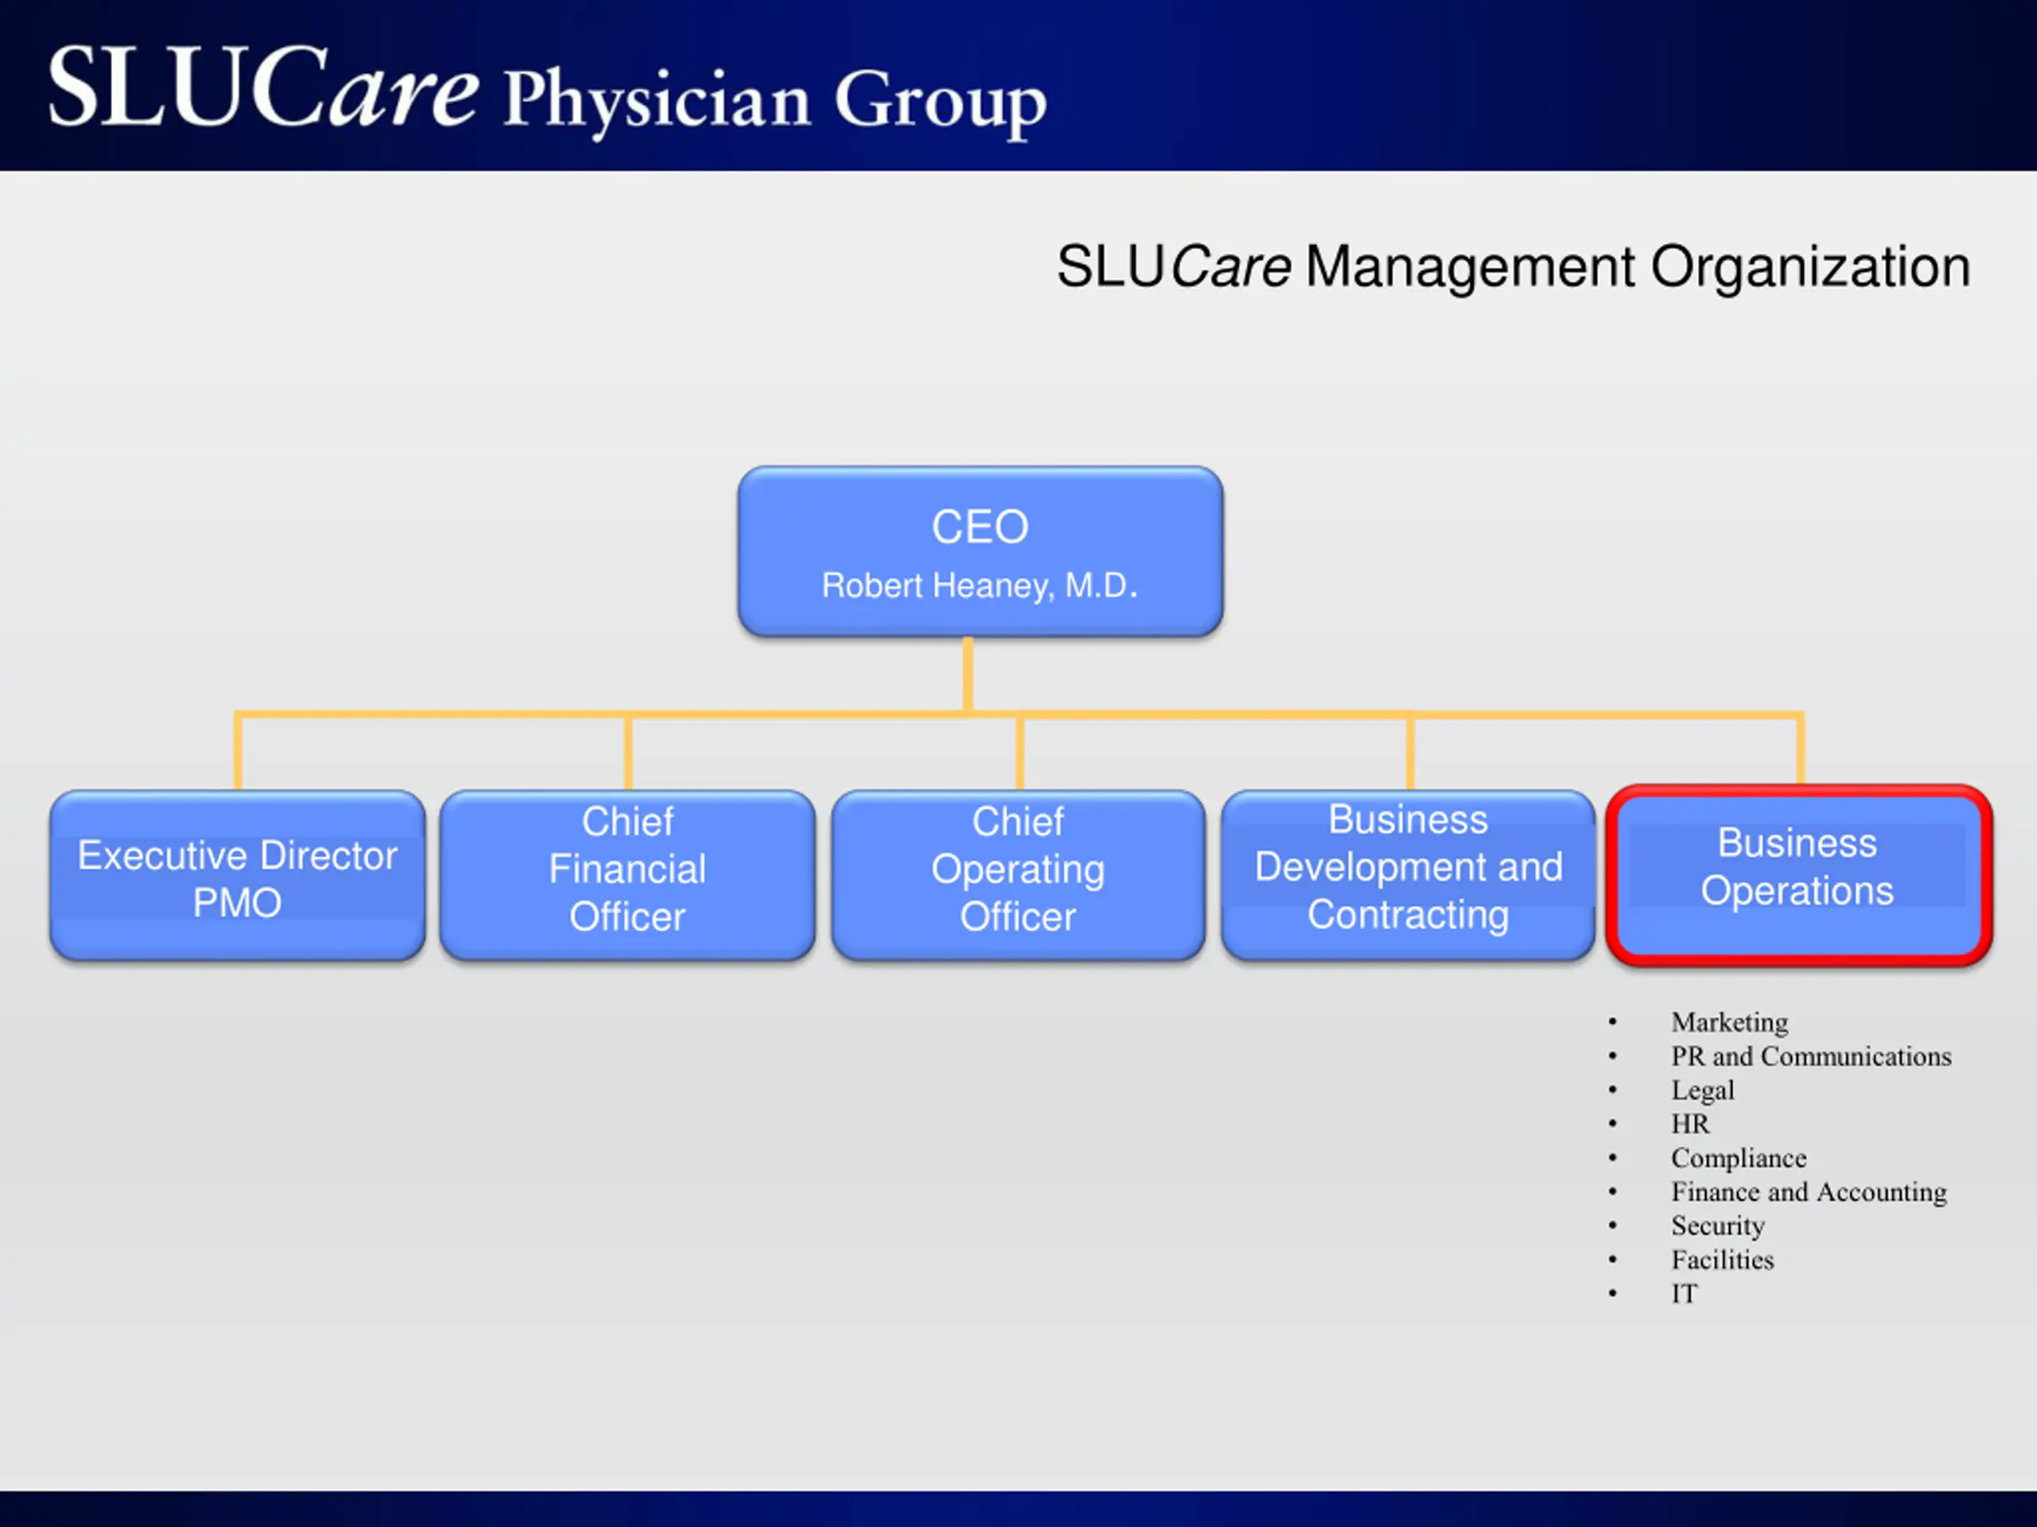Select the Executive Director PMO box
pyautogui.click(x=238, y=876)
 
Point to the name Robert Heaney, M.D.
pyautogui.click(x=980, y=585)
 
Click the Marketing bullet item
pyautogui.click(x=1729, y=1022)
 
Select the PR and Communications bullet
pyautogui.click(x=1810, y=1055)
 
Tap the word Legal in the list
pyautogui.click(x=1703, y=1090)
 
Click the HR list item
pyautogui.click(x=1690, y=1124)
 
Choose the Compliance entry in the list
pyautogui.click(x=1739, y=1158)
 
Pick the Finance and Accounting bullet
pyautogui.click(x=1809, y=1192)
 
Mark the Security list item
pyautogui.click(x=1717, y=1226)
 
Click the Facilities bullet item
pyautogui.click(x=1722, y=1260)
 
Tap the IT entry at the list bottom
pyautogui.click(x=1685, y=1294)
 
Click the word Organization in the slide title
pyautogui.click(x=1809, y=267)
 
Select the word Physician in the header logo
pyautogui.click(x=656, y=99)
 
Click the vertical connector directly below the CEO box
pyautogui.click(x=968, y=674)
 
